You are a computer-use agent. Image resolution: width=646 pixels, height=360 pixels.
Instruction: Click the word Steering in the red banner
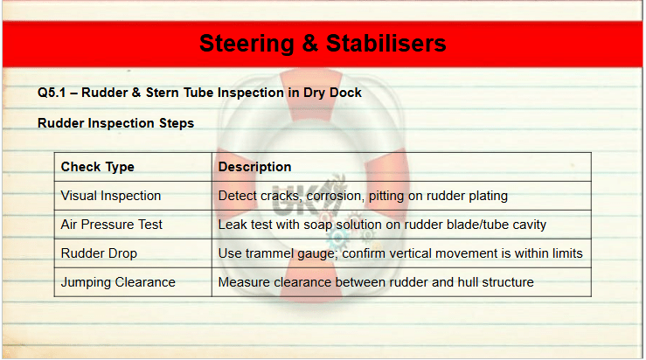pyautogui.click(x=247, y=44)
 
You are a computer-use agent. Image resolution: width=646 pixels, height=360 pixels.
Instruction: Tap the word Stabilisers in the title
pyautogui.click(x=386, y=43)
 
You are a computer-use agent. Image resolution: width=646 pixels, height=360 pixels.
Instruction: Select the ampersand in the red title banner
pyautogui.click(x=310, y=43)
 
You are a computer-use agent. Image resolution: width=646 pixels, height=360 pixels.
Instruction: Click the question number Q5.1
pyautogui.click(x=52, y=93)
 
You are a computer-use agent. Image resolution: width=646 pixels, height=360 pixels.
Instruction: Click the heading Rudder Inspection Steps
pyautogui.click(x=115, y=123)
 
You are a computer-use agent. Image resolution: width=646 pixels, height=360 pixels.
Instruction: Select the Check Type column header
pyautogui.click(x=98, y=167)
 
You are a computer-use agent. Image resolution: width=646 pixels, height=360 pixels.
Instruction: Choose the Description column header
pyautogui.click(x=254, y=167)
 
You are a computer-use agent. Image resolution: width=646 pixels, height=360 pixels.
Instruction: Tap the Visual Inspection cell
pyautogui.click(x=111, y=196)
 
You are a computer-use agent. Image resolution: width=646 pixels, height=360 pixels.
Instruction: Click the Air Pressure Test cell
pyautogui.click(x=112, y=225)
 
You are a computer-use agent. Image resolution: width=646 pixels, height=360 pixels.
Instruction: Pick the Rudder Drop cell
pyautogui.click(x=99, y=253)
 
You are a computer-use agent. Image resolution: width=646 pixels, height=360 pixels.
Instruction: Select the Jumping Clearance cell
pyautogui.click(x=118, y=282)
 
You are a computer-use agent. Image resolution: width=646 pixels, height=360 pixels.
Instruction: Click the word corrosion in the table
pyautogui.click(x=335, y=196)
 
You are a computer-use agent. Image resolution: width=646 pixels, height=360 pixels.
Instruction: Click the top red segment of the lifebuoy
pyautogui.click(x=311, y=93)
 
